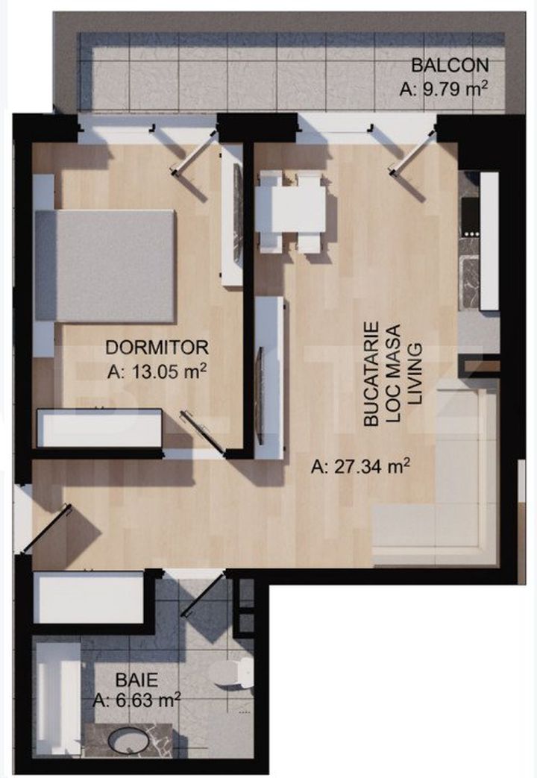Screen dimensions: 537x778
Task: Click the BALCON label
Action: pos(450,64)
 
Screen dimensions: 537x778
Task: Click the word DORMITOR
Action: pos(157,348)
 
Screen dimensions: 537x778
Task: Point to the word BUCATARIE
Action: pos(371,374)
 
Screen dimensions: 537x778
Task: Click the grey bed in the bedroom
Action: pos(105,266)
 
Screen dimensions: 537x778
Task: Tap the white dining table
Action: pos(291,209)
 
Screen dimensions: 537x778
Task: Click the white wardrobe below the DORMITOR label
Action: pos(100,428)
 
